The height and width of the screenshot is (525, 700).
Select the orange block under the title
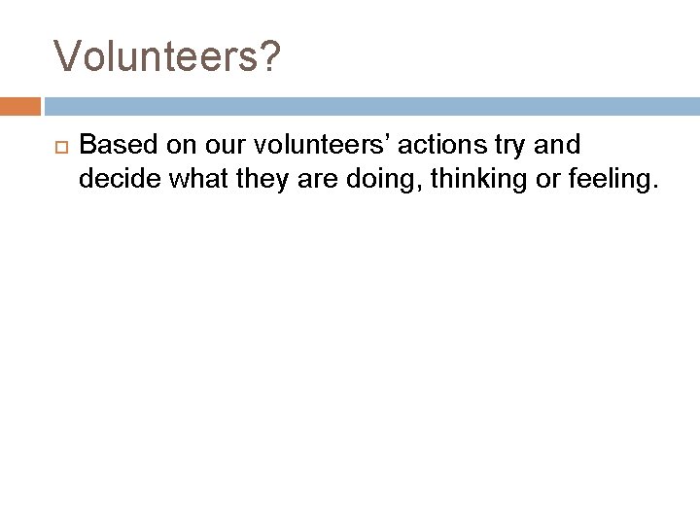(x=20, y=105)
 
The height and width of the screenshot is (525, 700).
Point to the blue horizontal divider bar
(x=369, y=105)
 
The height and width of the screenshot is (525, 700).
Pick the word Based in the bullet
(x=114, y=146)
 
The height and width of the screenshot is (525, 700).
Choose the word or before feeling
(x=514, y=179)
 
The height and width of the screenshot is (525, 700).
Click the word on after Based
(x=165, y=146)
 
